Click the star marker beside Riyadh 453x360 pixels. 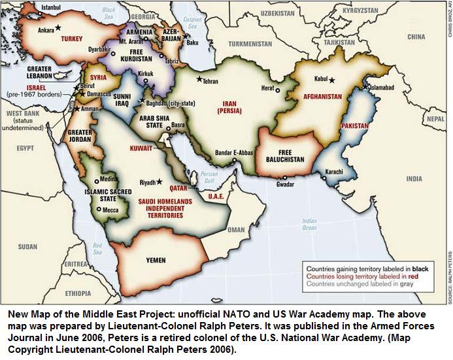158,182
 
